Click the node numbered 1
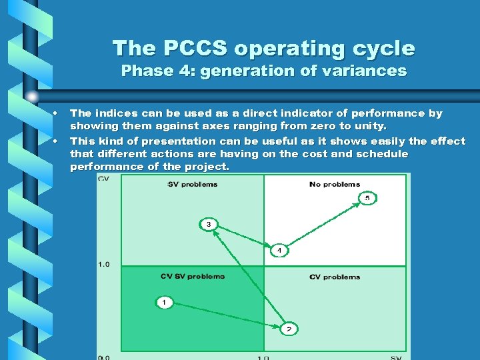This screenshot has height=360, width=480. [165, 303]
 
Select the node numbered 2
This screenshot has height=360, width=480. [289, 329]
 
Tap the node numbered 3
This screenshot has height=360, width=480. [209, 224]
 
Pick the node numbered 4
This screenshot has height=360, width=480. [279, 251]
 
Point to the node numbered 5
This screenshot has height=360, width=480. [367, 198]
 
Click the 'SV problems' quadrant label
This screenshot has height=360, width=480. [192, 185]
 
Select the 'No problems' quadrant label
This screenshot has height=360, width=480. [335, 185]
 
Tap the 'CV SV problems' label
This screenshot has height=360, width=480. [193, 276]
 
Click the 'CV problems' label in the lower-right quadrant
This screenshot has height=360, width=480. [335, 277]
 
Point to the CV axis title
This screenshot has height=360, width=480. [103, 178]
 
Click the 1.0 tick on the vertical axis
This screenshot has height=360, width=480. [103, 265]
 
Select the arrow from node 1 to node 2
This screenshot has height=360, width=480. [227, 315]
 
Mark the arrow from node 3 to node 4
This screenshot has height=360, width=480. [245, 238]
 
